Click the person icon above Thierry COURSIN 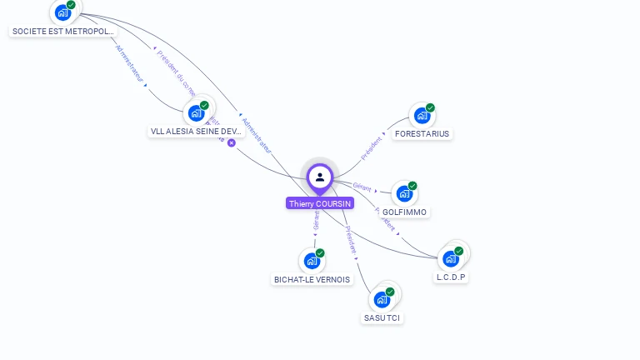[x=320, y=177]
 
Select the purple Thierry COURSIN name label [x=320, y=203]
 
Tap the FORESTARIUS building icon [x=422, y=115]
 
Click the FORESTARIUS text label [x=422, y=133]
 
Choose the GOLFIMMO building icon [x=404, y=193]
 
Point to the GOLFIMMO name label [x=404, y=212]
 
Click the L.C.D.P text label [x=451, y=277]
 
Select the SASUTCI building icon [x=382, y=299]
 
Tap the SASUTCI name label [x=382, y=318]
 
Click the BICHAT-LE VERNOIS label [x=312, y=280]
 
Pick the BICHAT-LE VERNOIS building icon [x=312, y=261]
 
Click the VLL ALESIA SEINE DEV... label [x=196, y=132]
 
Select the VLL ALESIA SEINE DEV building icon [x=196, y=112]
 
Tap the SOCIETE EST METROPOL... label [x=62, y=32]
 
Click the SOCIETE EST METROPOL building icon [x=62, y=12]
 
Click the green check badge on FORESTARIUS [x=430, y=107]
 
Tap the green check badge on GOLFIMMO [x=412, y=186]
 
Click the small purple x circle [x=232, y=142]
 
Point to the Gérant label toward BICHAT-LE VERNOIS [x=317, y=219]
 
